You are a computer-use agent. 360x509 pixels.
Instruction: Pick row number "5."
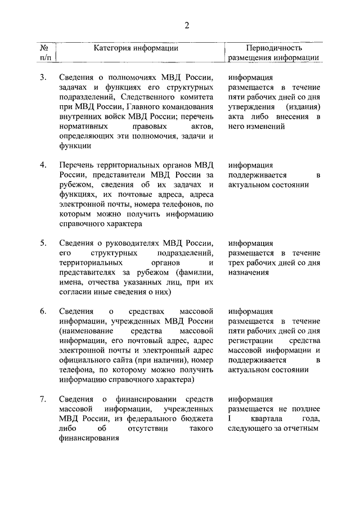tap(43, 243)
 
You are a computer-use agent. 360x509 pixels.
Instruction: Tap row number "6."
tap(43, 312)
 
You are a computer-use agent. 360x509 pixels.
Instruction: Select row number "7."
tap(43, 399)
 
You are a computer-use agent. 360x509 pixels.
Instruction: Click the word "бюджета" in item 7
tap(198, 419)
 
